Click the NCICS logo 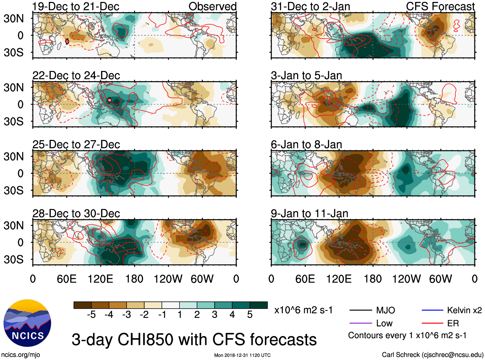pos(27,323)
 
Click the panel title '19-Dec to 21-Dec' pos(76,6)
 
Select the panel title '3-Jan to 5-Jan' pos(306,75)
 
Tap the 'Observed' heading pos(212,6)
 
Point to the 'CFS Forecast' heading pos(440,6)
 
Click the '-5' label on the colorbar pos(91,315)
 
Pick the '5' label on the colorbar pos(250,315)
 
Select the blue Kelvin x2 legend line pos(432,310)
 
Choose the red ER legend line pos(432,323)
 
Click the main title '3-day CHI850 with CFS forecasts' pos(194,339)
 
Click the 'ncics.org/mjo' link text pos(21,355)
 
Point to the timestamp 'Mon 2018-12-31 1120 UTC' pos(242,355)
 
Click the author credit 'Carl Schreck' pos(401,355)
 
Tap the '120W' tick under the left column pos(168,279)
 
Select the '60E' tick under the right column pos(305,279)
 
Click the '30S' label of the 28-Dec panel pos(13,259)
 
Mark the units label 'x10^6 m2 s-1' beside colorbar pos(303,310)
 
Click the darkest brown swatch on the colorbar pos(83,305)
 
